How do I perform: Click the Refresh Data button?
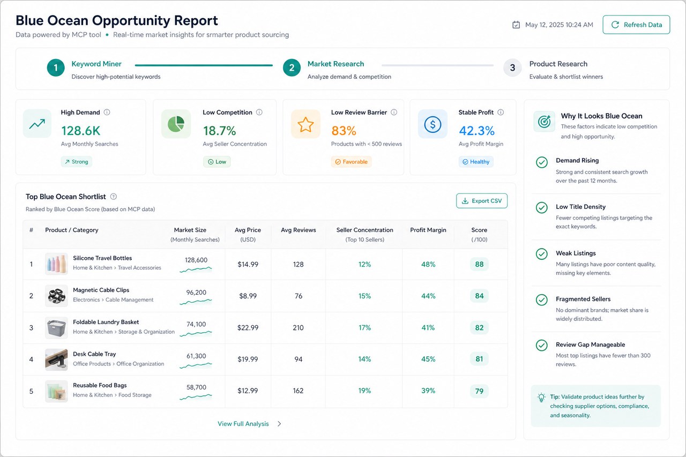coord(636,25)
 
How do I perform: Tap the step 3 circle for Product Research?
coord(512,68)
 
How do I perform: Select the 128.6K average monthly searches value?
coord(81,131)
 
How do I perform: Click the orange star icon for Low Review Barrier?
coord(305,124)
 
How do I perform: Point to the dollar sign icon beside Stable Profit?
coord(433,124)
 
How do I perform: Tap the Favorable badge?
coord(351,162)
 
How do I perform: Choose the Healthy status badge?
coord(475,162)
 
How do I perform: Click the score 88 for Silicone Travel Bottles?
coord(479,264)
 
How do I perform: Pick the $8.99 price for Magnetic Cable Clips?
coord(248,296)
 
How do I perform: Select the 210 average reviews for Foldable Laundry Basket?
coord(298,327)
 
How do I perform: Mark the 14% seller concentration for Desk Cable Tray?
coord(364,359)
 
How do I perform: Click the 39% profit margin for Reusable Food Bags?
coord(428,391)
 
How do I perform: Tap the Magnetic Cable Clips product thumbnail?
coord(56,296)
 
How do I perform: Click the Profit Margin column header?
coord(428,230)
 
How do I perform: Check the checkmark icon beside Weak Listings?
coord(541,254)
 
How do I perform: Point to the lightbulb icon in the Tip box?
coord(541,398)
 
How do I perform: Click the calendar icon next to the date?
coord(516,25)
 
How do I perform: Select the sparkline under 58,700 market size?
coord(196,397)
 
